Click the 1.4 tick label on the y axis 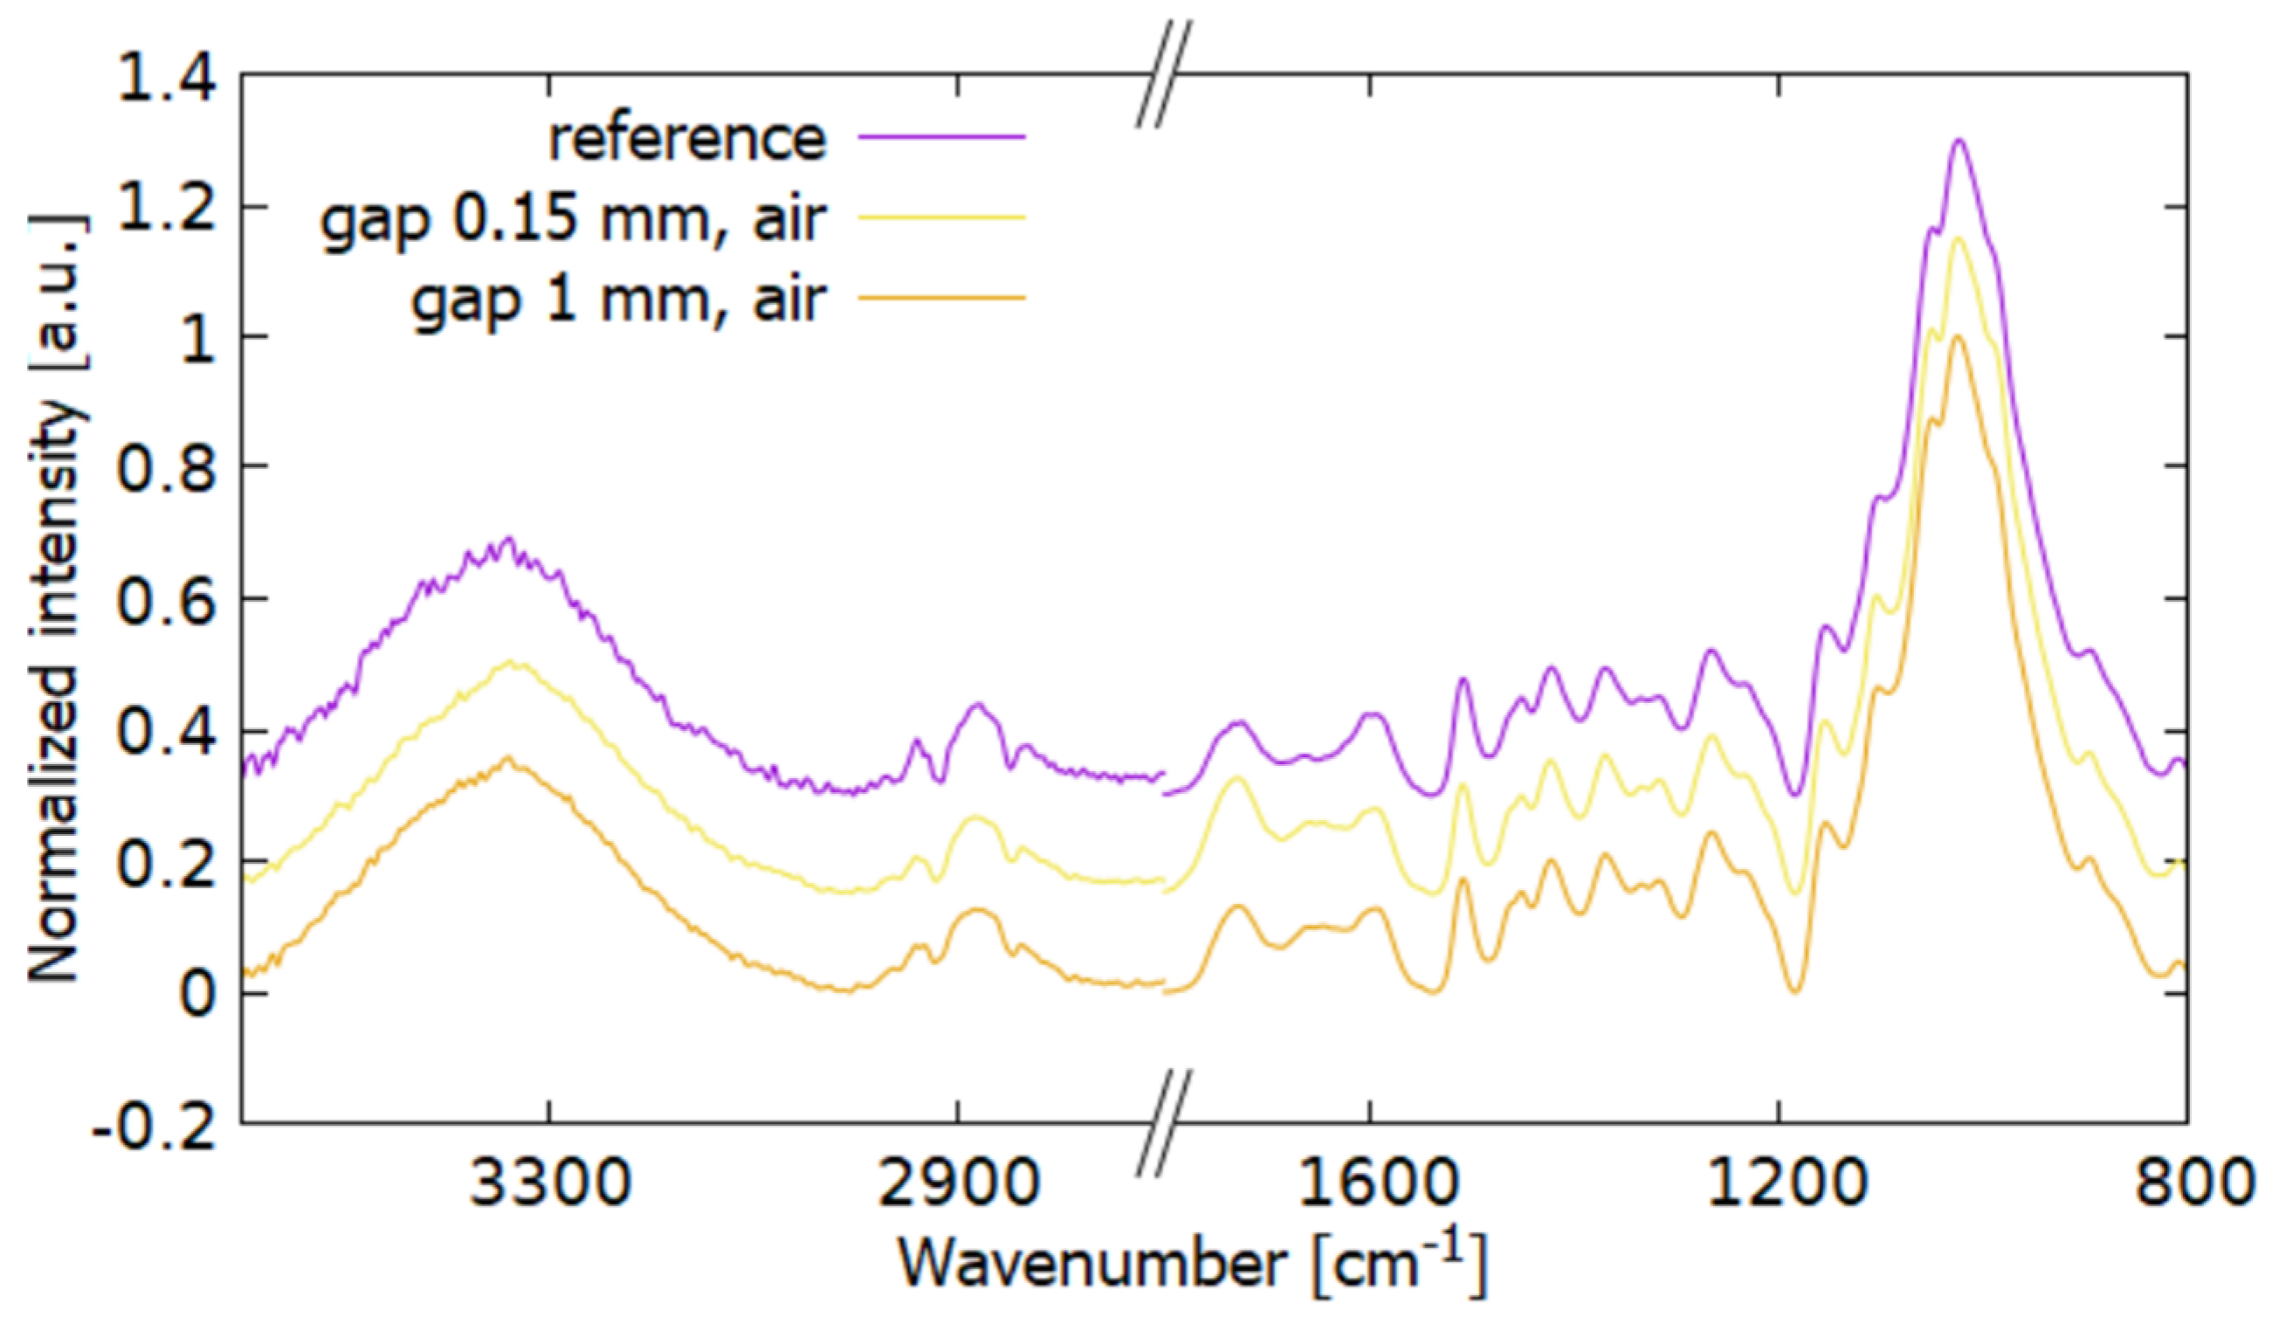[168, 79]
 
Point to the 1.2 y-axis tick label [168, 209]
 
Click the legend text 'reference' [687, 138]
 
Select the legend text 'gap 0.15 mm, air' [574, 217]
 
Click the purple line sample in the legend [941, 137]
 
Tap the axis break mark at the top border [1163, 74]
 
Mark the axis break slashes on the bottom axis [1163, 1123]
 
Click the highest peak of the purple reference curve [1958, 141]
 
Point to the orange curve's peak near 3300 [508, 758]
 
